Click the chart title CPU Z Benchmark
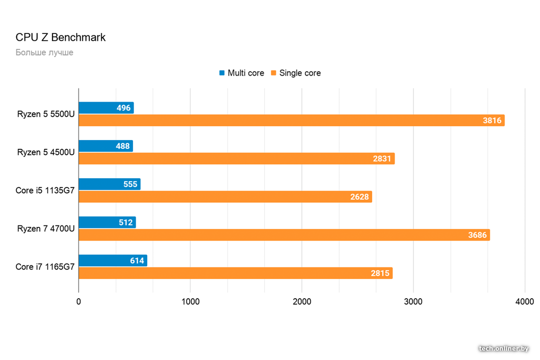click(x=60, y=37)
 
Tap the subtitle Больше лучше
click(x=44, y=52)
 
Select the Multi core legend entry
click(x=242, y=73)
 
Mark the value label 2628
click(x=359, y=197)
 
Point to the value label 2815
click(x=380, y=273)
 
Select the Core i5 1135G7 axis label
click(x=45, y=191)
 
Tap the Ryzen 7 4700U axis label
click(x=46, y=228)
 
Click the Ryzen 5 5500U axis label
click(x=46, y=114)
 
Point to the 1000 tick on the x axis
click(x=190, y=302)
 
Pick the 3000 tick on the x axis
click(x=413, y=302)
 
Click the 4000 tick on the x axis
click(x=524, y=302)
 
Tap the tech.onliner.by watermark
click(x=504, y=348)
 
